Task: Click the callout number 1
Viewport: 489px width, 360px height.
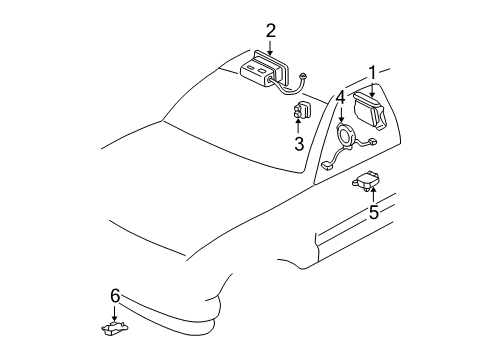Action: pos(372,72)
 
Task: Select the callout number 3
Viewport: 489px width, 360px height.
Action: pos(299,143)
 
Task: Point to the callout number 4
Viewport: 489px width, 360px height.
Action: pos(340,97)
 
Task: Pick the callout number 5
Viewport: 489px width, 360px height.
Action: pos(373,211)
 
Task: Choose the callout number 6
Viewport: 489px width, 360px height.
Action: pos(115,295)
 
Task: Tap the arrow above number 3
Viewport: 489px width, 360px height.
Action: pos(299,128)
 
